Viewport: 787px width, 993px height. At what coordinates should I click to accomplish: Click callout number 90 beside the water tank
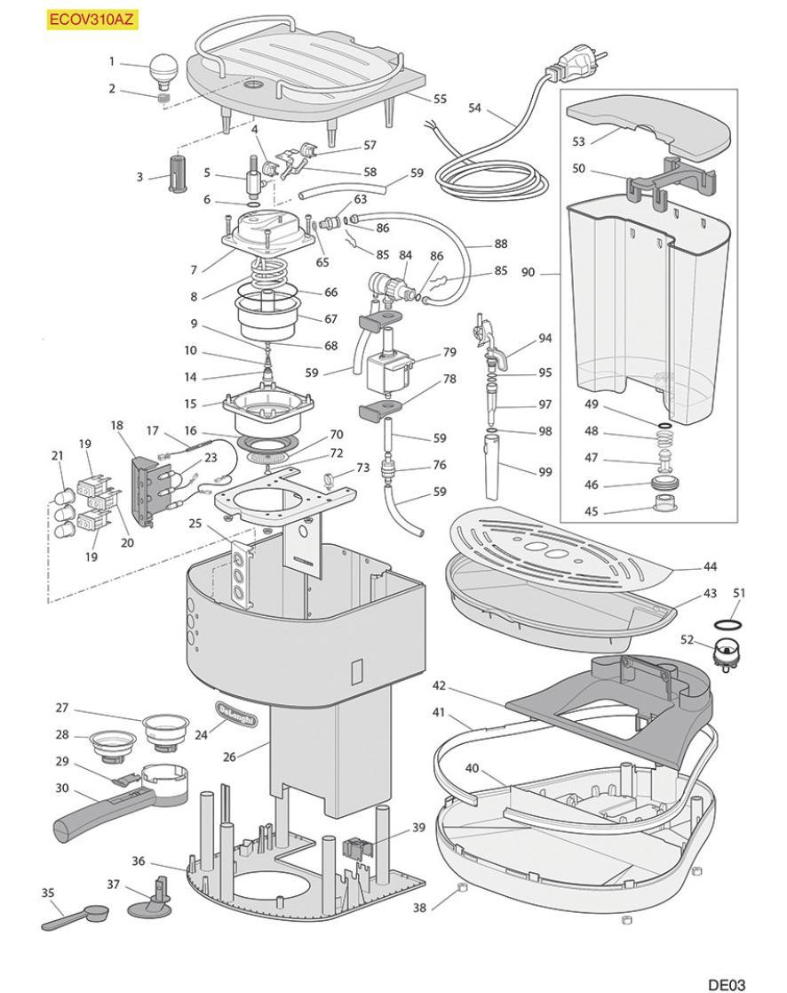pyautogui.click(x=528, y=272)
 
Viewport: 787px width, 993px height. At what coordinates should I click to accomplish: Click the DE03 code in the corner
pyautogui.click(x=726, y=983)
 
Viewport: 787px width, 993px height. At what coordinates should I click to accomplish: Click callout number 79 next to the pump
pyautogui.click(x=449, y=352)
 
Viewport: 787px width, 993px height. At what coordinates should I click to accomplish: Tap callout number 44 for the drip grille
pyautogui.click(x=710, y=566)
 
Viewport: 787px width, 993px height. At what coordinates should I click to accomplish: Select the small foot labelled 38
pyautogui.click(x=461, y=888)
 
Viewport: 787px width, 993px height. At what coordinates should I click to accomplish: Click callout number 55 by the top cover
pyautogui.click(x=440, y=100)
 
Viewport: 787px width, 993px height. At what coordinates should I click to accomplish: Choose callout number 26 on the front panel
pyautogui.click(x=230, y=757)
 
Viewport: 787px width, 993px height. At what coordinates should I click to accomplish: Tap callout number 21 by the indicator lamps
pyautogui.click(x=58, y=456)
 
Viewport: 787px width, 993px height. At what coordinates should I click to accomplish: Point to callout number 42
pyautogui.click(x=439, y=685)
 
